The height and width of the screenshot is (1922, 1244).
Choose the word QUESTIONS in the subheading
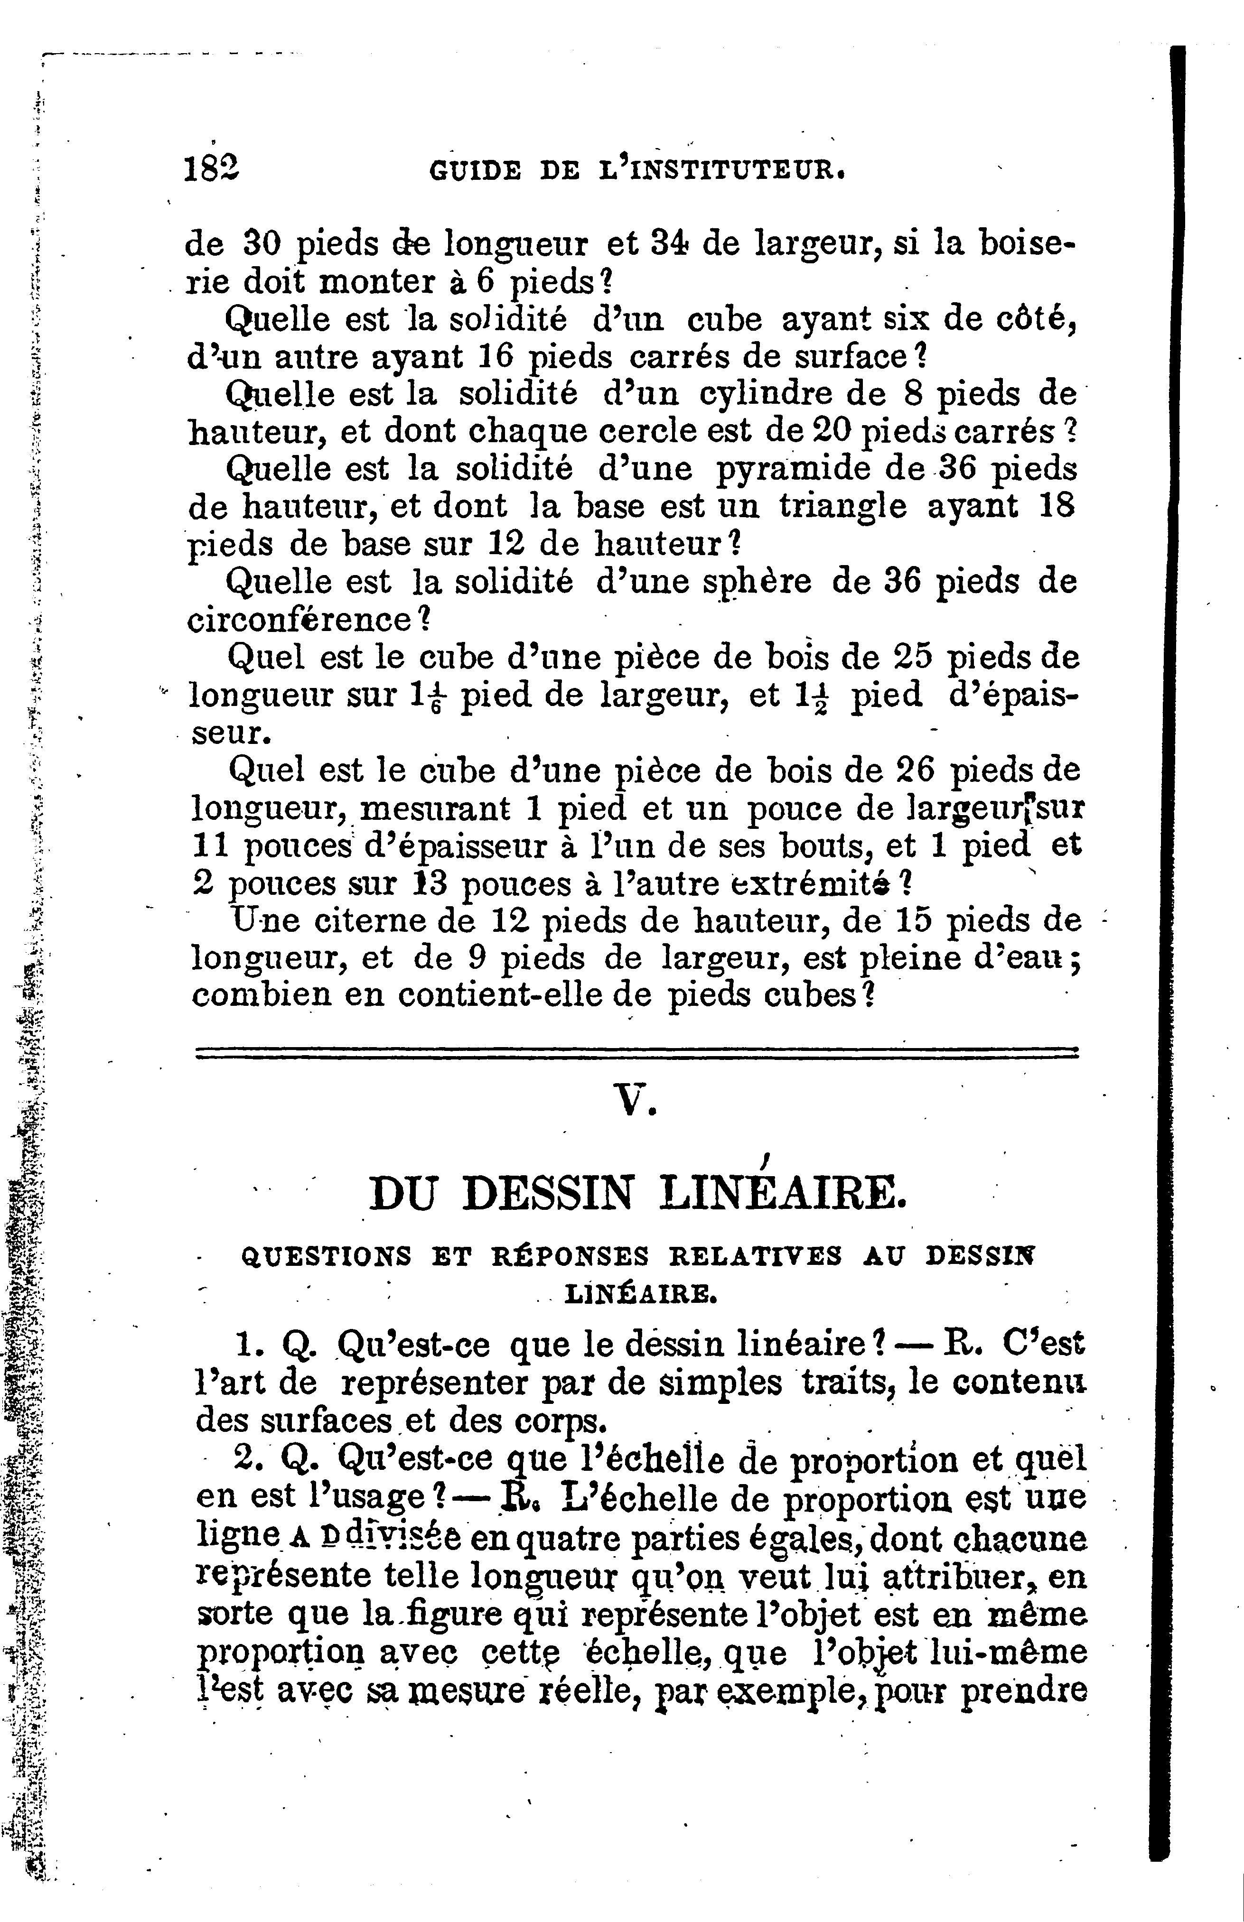(x=327, y=1256)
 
